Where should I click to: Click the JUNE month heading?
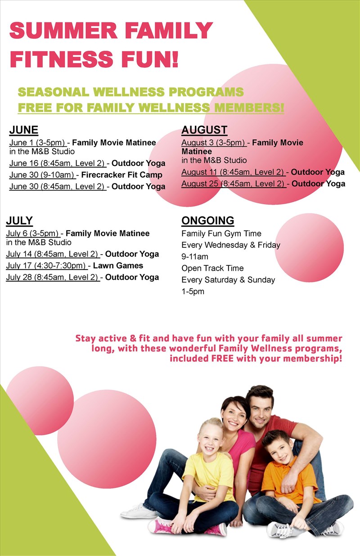coord(24,130)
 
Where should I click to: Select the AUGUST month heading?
coord(204,130)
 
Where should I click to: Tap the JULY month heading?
coord(19,220)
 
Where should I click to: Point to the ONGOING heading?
coord(208,220)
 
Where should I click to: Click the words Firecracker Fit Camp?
coord(121,175)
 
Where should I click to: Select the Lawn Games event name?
coord(118,265)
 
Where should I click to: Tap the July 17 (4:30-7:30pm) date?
coord(46,266)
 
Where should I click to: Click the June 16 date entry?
coord(57,163)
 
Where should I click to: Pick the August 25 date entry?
coord(233,184)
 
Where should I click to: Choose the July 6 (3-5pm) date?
coord(32,233)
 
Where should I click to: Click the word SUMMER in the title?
coord(63,30)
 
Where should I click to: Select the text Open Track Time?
coord(212,268)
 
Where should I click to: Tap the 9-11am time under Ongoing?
coord(195,257)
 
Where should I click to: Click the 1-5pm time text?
coord(193,291)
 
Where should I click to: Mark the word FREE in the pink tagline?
coord(222,359)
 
